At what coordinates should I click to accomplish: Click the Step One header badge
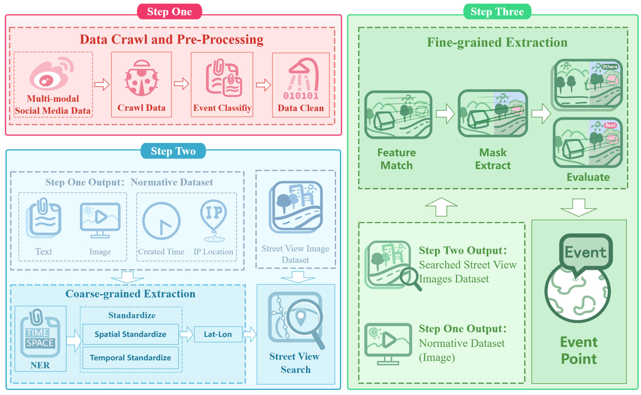click(169, 12)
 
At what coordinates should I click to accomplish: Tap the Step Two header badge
click(173, 151)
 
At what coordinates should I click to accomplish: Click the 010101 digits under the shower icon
click(301, 96)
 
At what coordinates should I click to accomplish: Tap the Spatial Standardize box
click(130, 334)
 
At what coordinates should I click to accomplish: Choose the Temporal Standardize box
click(130, 357)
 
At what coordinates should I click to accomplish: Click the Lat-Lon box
click(218, 334)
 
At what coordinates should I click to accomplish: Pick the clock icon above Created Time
click(161, 221)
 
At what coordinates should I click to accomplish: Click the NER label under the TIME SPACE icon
click(40, 365)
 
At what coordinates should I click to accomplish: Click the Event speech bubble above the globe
click(585, 252)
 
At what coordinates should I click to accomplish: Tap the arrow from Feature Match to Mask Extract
click(445, 114)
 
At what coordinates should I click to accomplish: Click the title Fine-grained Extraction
click(497, 42)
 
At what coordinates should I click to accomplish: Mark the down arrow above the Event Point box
click(578, 207)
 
